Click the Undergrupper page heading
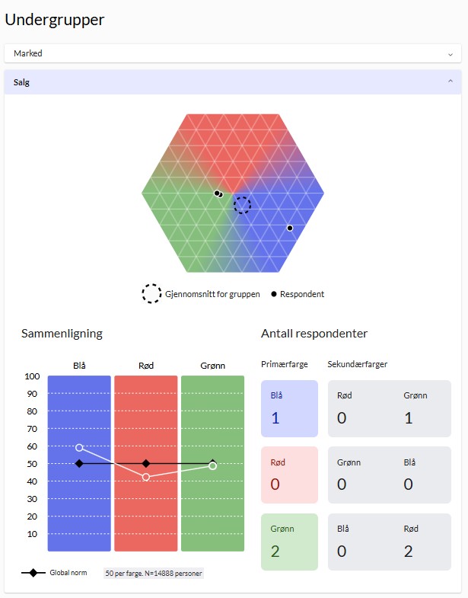tap(55, 20)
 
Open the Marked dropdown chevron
tap(450, 54)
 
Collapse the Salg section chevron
tap(450, 81)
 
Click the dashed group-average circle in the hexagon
tap(242, 204)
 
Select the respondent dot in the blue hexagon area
tap(289, 228)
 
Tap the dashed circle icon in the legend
tap(151, 294)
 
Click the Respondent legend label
tap(302, 294)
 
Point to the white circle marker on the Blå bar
tap(79, 447)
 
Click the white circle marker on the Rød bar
tap(146, 477)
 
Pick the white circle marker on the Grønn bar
tap(212, 465)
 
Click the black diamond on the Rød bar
tap(146, 463)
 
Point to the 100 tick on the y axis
tap(32, 376)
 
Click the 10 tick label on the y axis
tap(33, 534)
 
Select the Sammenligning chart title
tap(62, 334)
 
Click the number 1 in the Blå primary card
tap(275, 417)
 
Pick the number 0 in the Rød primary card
tap(276, 484)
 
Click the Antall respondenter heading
tap(314, 334)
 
